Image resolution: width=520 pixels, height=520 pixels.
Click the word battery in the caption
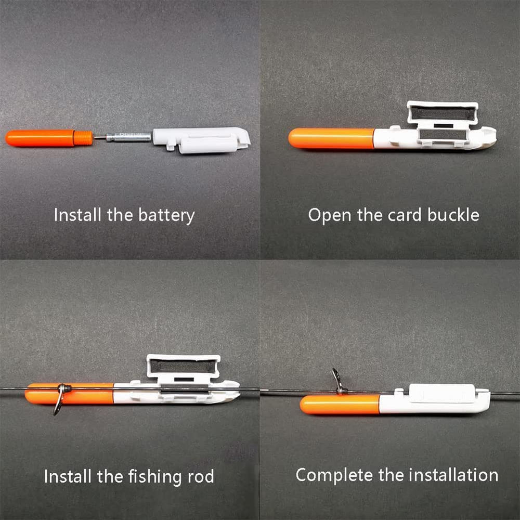point(166,216)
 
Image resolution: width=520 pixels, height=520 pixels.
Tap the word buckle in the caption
point(453,215)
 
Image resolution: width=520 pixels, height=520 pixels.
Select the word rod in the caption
point(201,476)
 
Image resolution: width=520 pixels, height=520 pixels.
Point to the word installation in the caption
point(453,475)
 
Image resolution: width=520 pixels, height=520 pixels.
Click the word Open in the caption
point(330,216)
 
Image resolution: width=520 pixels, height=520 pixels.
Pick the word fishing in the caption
point(155,477)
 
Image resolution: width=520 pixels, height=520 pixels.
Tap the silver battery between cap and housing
point(128,137)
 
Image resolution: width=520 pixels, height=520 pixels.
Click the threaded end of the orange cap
point(83,138)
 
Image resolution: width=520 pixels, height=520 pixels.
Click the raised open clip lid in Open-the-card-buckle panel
point(443,113)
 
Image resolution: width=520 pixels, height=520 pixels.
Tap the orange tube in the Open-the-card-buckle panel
point(331,138)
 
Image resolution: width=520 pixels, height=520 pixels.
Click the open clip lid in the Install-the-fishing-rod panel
point(184,366)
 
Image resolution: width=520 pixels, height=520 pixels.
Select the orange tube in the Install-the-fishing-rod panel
point(70,394)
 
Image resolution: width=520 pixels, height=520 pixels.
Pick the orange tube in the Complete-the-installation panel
point(340,405)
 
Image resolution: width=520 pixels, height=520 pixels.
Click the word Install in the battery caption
point(77,215)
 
